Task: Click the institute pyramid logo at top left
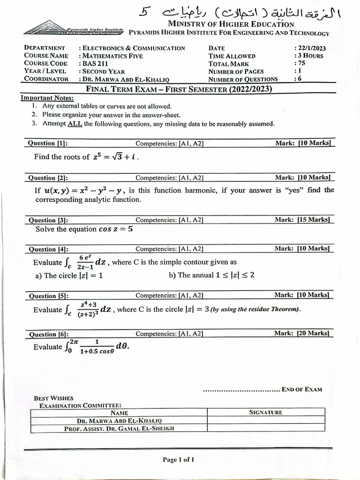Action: tap(73, 30)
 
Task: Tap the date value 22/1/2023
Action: tap(310, 48)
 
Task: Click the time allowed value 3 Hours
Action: tap(309, 56)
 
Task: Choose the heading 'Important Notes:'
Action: tap(47, 98)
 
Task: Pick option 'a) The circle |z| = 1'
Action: tap(69, 276)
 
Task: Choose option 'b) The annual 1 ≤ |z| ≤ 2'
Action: tap(211, 275)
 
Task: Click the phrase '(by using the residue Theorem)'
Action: tap(255, 309)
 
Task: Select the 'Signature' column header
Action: tap(266, 412)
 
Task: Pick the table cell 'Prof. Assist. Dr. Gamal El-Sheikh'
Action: tap(120, 428)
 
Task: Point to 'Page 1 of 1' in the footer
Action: tap(178, 460)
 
